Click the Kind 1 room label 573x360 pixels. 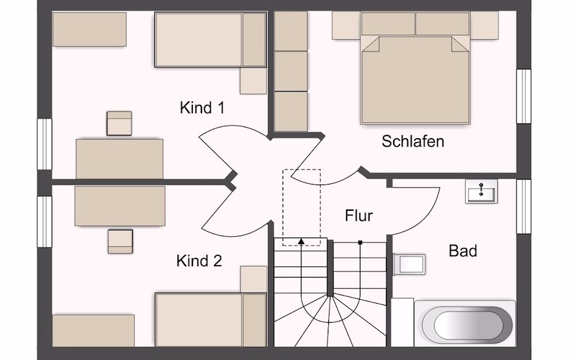pyautogui.click(x=202, y=108)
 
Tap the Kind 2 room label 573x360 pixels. pyautogui.click(x=199, y=261)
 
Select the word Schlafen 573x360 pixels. pyautogui.click(x=413, y=141)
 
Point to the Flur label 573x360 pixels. pyautogui.click(x=359, y=215)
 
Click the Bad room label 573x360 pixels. pyautogui.click(x=462, y=251)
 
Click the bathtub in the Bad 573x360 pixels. pyautogui.click(x=465, y=324)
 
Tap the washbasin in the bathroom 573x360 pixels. pyautogui.click(x=481, y=191)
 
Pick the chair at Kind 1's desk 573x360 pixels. pyautogui.click(x=119, y=123)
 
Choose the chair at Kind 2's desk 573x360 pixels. pyautogui.click(x=120, y=242)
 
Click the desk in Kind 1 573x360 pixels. pyautogui.click(x=120, y=159)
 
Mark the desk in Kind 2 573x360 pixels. pyautogui.click(x=120, y=206)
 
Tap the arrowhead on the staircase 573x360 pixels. pyautogui.click(x=301, y=241)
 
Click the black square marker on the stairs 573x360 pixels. pyautogui.click(x=360, y=242)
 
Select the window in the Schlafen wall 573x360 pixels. pyautogui.click(x=523, y=96)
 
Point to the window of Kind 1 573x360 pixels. pyautogui.click(x=44, y=144)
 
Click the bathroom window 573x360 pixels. pyautogui.click(x=523, y=206)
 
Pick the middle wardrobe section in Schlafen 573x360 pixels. pyautogui.click(x=291, y=71)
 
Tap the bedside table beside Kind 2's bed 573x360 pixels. pyautogui.click(x=254, y=279)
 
